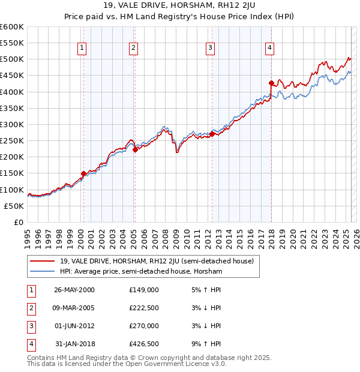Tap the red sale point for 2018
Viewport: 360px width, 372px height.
coord(272,83)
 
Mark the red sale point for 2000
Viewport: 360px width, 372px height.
coord(83,173)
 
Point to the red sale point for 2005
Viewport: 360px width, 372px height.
coord(135,150)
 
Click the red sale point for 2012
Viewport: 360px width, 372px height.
coord(212,134)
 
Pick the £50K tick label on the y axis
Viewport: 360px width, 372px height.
coord(14,206)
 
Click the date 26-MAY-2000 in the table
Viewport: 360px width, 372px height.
coord(74,290)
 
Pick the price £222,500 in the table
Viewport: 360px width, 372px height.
coord(143,308)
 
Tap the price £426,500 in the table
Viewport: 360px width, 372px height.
coord(143,344)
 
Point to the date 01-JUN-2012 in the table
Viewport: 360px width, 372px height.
coord(74,326)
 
